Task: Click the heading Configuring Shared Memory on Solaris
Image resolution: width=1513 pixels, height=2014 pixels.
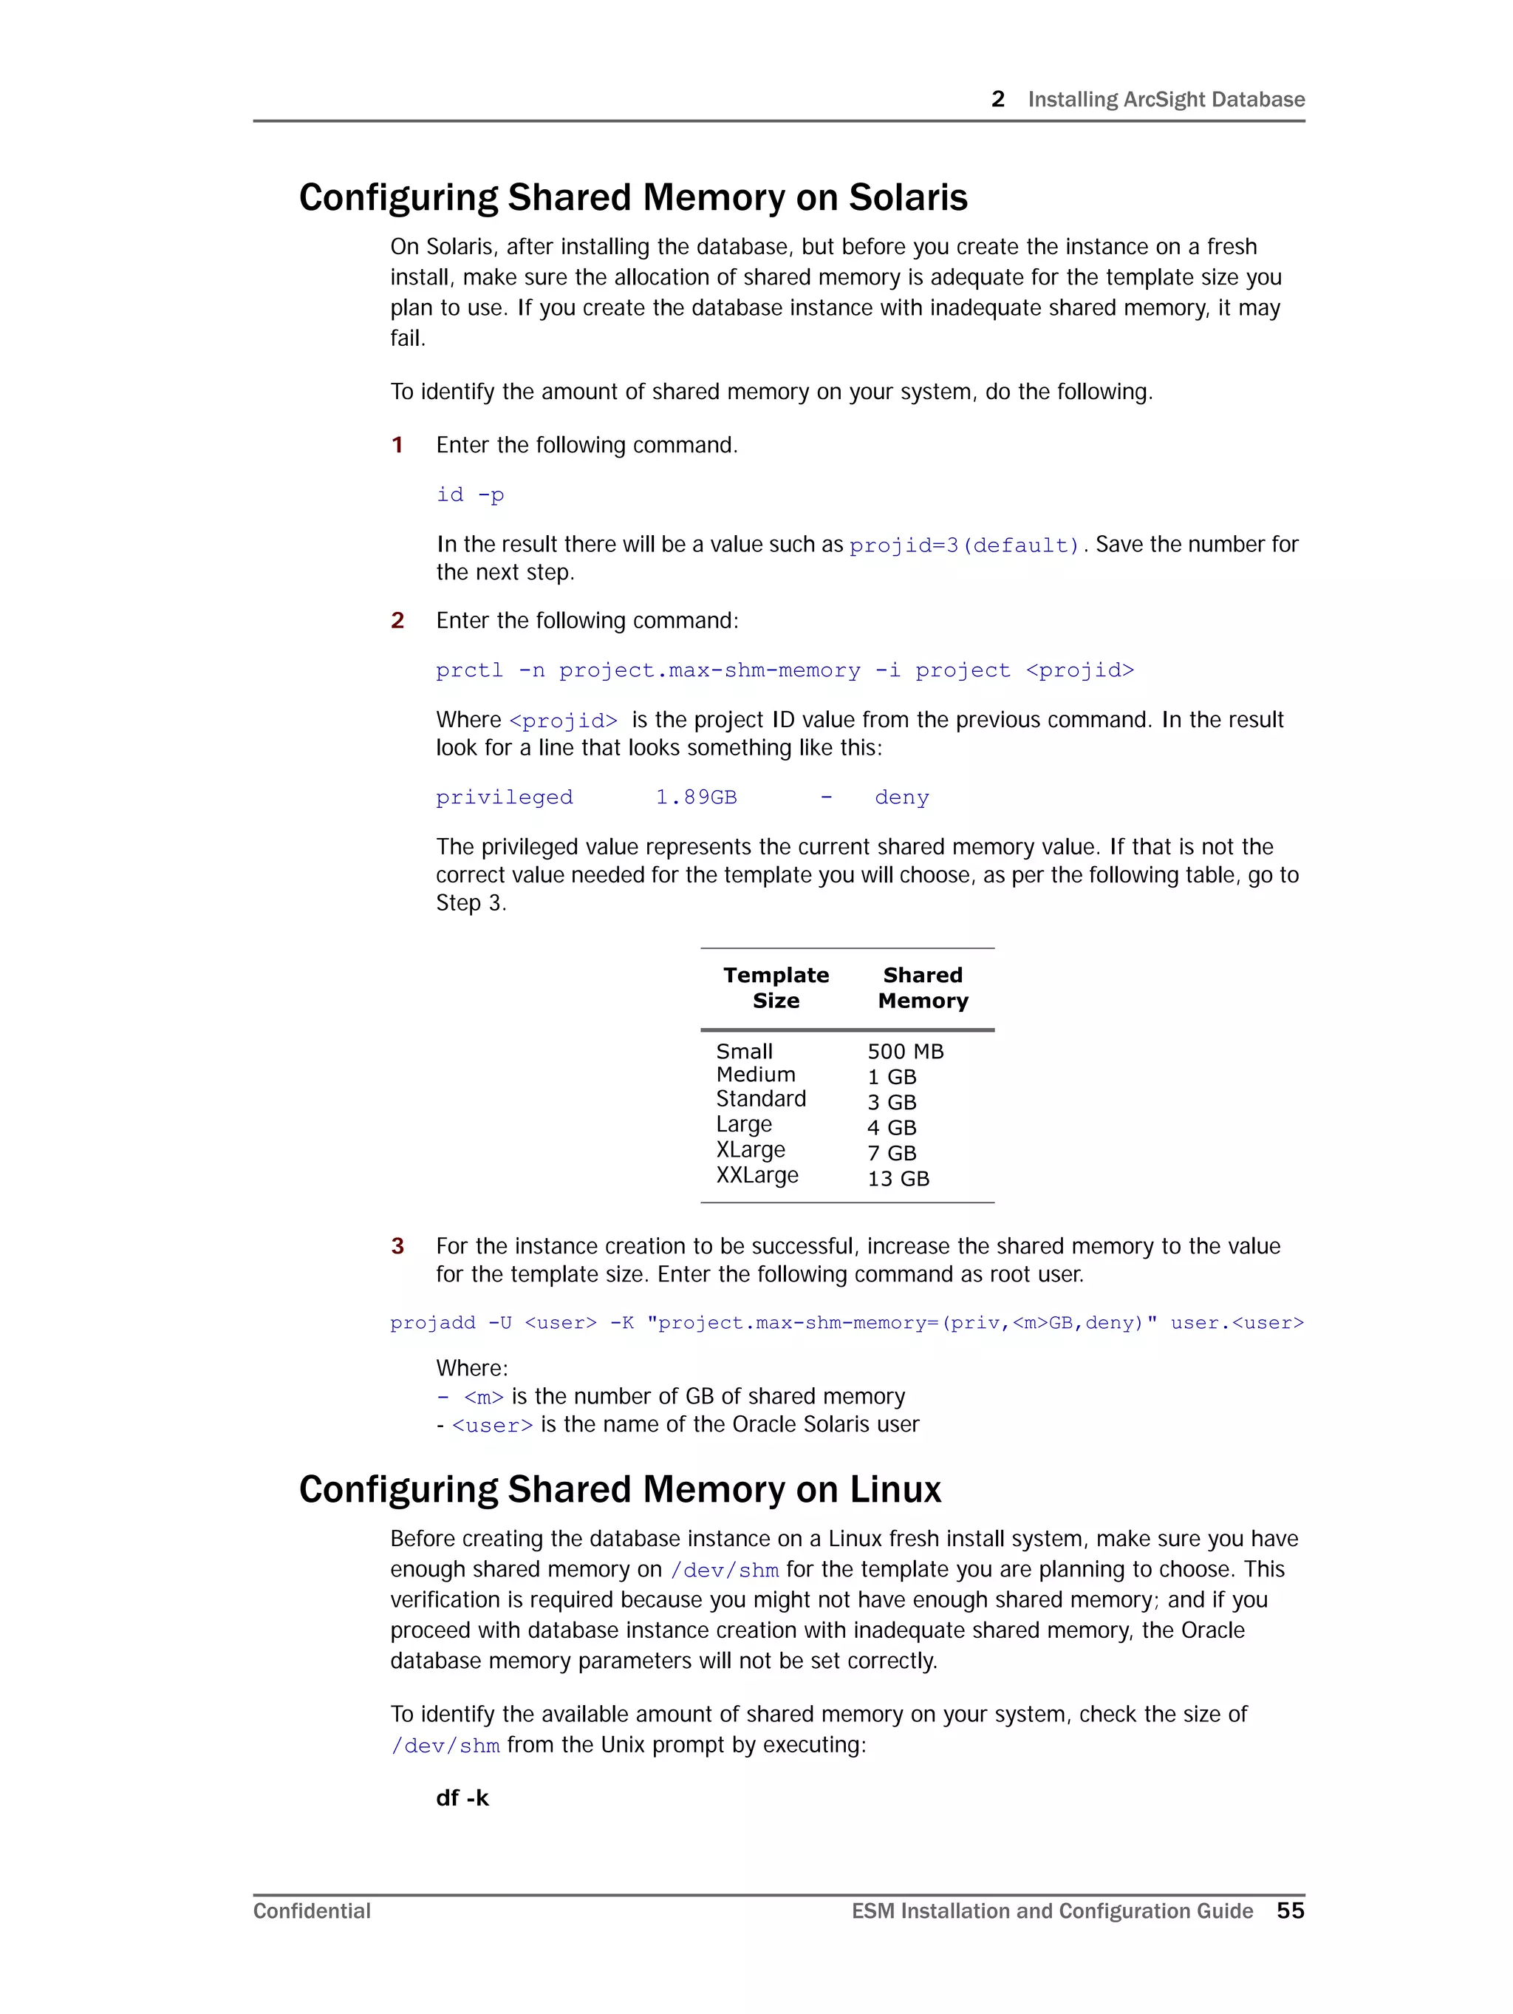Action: (x=632, y=197)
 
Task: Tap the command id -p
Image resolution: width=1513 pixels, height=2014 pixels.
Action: (x=470, y=494)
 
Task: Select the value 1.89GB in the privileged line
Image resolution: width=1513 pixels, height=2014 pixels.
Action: (x=695, y=797)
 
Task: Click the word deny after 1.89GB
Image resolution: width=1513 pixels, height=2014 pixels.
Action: (x=901, y=797)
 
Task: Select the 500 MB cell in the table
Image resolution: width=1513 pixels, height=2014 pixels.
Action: (x=905, y=1052)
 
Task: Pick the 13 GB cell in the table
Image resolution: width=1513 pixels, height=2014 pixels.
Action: (x=898, y=1179)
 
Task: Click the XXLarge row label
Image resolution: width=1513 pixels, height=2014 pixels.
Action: (x=756, y=1175)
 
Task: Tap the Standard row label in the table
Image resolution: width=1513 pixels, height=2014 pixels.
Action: (x=760, y=1099)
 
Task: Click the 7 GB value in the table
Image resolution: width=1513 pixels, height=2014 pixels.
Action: (x=891, y=1154)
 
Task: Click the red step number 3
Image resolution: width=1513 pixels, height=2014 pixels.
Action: (x=397, y=1246)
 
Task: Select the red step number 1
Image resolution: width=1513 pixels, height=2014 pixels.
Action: (x=397, y=445)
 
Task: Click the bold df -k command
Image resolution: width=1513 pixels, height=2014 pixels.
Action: (x=462, y=1798)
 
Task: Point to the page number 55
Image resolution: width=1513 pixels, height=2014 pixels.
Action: (x=1290, y=1911)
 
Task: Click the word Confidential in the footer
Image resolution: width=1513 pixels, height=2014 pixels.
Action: (x=311, y=1911)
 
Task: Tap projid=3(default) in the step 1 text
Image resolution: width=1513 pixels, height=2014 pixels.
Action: (x=964, y=545)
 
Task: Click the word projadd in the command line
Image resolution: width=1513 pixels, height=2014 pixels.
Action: (x=432, y=1323)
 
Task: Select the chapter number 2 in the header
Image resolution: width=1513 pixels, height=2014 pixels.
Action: (x=998, y=99)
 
